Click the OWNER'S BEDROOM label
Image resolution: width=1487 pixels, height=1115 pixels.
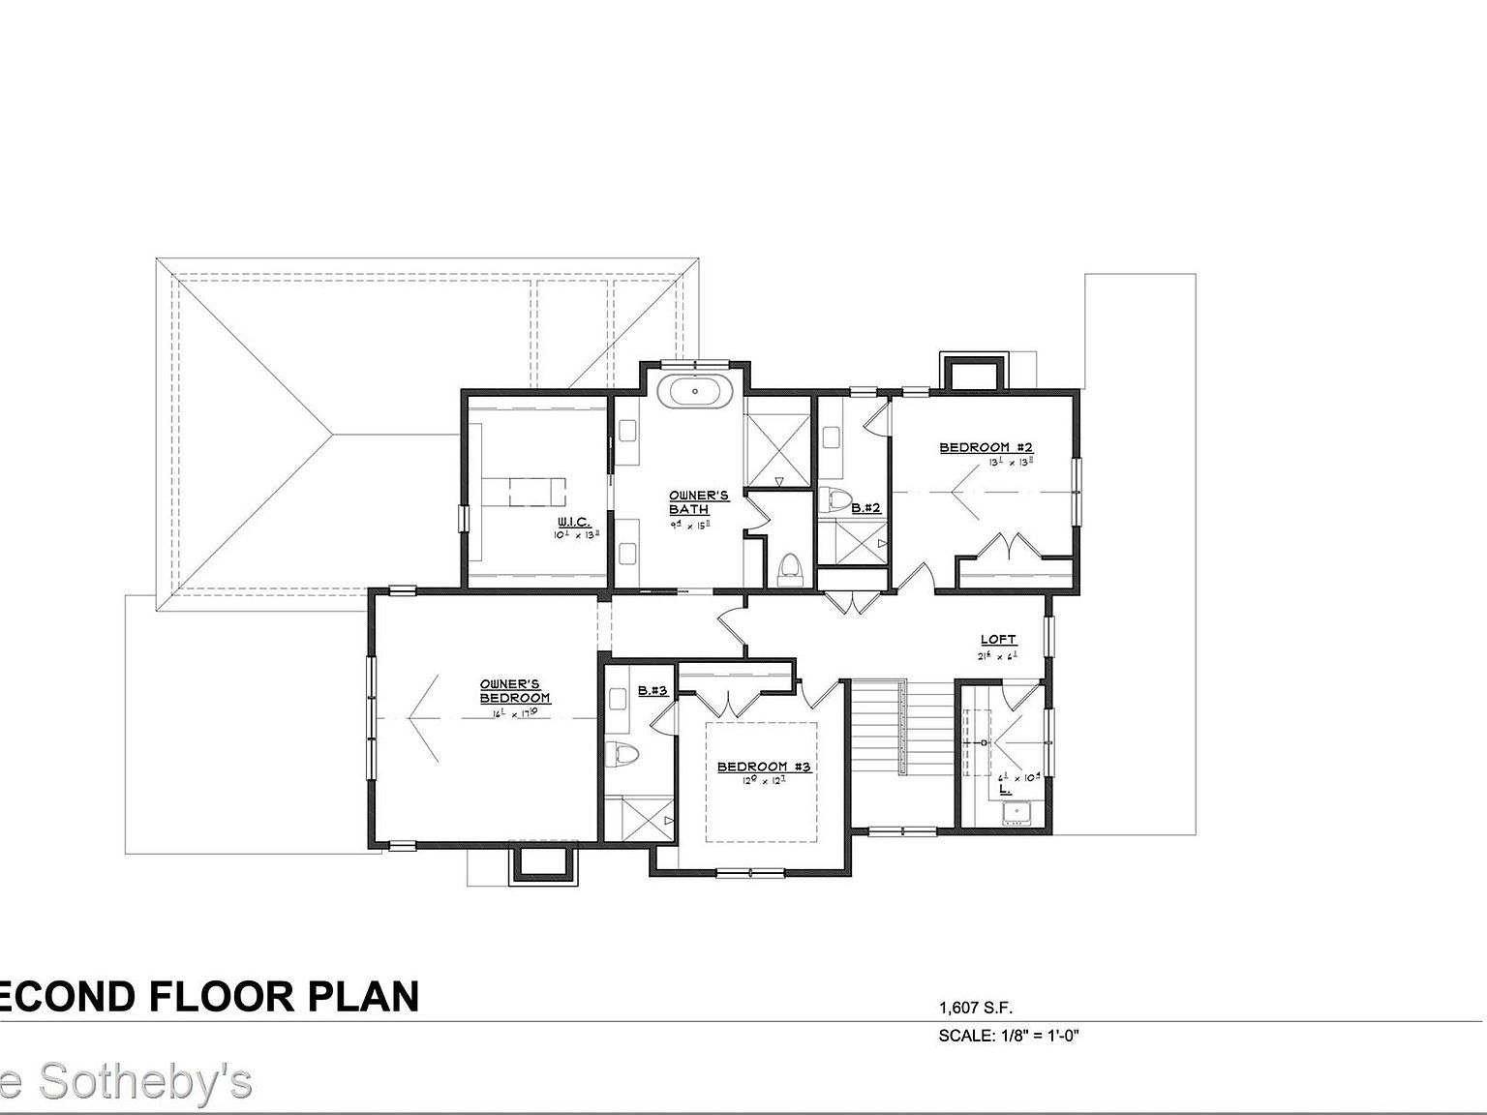515,691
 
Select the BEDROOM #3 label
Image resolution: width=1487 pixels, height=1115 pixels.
763,767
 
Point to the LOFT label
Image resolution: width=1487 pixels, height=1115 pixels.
998,639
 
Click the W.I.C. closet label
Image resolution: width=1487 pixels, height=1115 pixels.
573,523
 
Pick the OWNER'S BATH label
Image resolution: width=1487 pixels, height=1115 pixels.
698,502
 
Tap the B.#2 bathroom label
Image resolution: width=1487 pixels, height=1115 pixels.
865,507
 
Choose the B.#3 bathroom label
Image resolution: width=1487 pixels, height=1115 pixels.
653,691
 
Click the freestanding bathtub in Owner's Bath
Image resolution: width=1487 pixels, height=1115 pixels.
694,392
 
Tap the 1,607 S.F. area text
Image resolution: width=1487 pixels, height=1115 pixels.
976,1008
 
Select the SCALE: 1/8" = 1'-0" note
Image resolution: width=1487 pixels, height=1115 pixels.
1008,1036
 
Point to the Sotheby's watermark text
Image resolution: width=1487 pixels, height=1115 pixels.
145,1081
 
